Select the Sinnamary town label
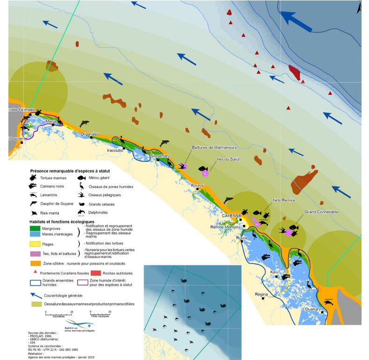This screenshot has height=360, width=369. (160, 156)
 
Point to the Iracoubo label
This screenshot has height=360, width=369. (115, 150)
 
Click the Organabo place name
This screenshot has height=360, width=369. (90, 134)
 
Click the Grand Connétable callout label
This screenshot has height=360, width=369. (322, 212)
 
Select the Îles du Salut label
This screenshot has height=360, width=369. (228, 159)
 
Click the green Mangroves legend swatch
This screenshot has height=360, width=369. (38, 228)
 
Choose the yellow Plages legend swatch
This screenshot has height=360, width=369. (38, 244)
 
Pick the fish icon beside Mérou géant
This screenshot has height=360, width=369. (81, 178)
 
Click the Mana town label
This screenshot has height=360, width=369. (50, 121)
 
